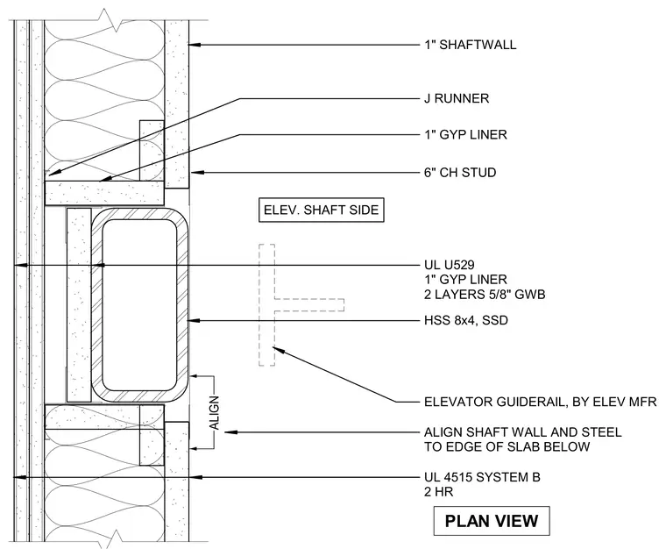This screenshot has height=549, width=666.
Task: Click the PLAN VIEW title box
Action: click(492, 521)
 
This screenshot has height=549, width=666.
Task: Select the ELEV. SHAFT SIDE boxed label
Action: click(321, 210)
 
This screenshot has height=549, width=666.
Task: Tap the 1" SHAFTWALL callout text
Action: click(471, 45)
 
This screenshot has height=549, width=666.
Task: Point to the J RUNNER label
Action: click(457, 98)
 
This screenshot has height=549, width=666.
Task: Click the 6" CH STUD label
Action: click(460, 173)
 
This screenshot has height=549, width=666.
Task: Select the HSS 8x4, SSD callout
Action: click(466, 320)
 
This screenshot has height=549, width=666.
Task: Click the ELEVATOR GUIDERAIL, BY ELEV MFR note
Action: click(541, 402)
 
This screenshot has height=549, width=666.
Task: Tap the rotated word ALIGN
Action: click(215, 412)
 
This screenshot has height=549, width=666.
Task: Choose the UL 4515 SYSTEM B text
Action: click(482, 477)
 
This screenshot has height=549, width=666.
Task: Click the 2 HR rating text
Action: click(438, 492)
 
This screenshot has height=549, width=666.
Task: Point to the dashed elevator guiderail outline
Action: click(266, 304)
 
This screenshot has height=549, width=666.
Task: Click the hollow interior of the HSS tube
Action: click(139, 304)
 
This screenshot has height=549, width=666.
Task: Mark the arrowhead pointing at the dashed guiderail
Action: click(278, 350)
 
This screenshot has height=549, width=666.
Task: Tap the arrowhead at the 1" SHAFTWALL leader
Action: click(195, 44)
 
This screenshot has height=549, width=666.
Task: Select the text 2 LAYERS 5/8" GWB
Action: click(485, 295)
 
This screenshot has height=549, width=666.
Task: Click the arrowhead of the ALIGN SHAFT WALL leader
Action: click(230, 432)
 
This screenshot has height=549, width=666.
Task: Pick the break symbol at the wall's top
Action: click(108, 20)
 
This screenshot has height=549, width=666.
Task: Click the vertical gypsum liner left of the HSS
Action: click(79, 304)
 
